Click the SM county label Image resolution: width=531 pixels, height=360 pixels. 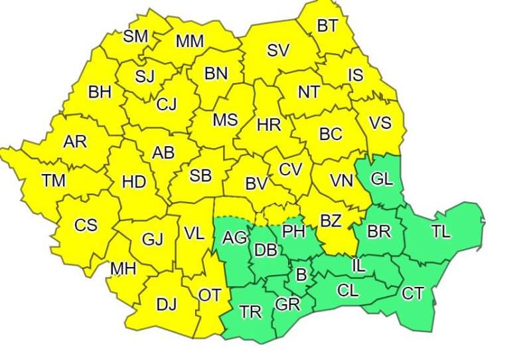click(135, 36)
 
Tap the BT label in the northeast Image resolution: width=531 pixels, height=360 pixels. click(327, 26)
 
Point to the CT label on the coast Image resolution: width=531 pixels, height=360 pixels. click(413, 294)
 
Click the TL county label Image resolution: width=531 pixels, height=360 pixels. click(440, 232)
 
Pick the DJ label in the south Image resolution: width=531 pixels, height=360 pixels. click(166, 304)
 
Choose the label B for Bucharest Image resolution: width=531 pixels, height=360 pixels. click(301, 274)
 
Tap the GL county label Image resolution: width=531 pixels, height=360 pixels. click(381, 179)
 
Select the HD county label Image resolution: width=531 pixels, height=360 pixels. click(134, 181)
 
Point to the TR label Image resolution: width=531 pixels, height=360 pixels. click(250, 312)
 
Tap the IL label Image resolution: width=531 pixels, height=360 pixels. click(358, 266)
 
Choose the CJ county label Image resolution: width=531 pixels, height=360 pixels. click(166, 104)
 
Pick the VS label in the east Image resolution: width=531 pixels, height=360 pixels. click(380, 124)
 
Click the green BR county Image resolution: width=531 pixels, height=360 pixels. click(379, 232)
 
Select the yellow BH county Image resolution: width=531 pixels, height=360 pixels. click(100, 92)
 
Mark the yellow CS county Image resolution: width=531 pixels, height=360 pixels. click(86, 225)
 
